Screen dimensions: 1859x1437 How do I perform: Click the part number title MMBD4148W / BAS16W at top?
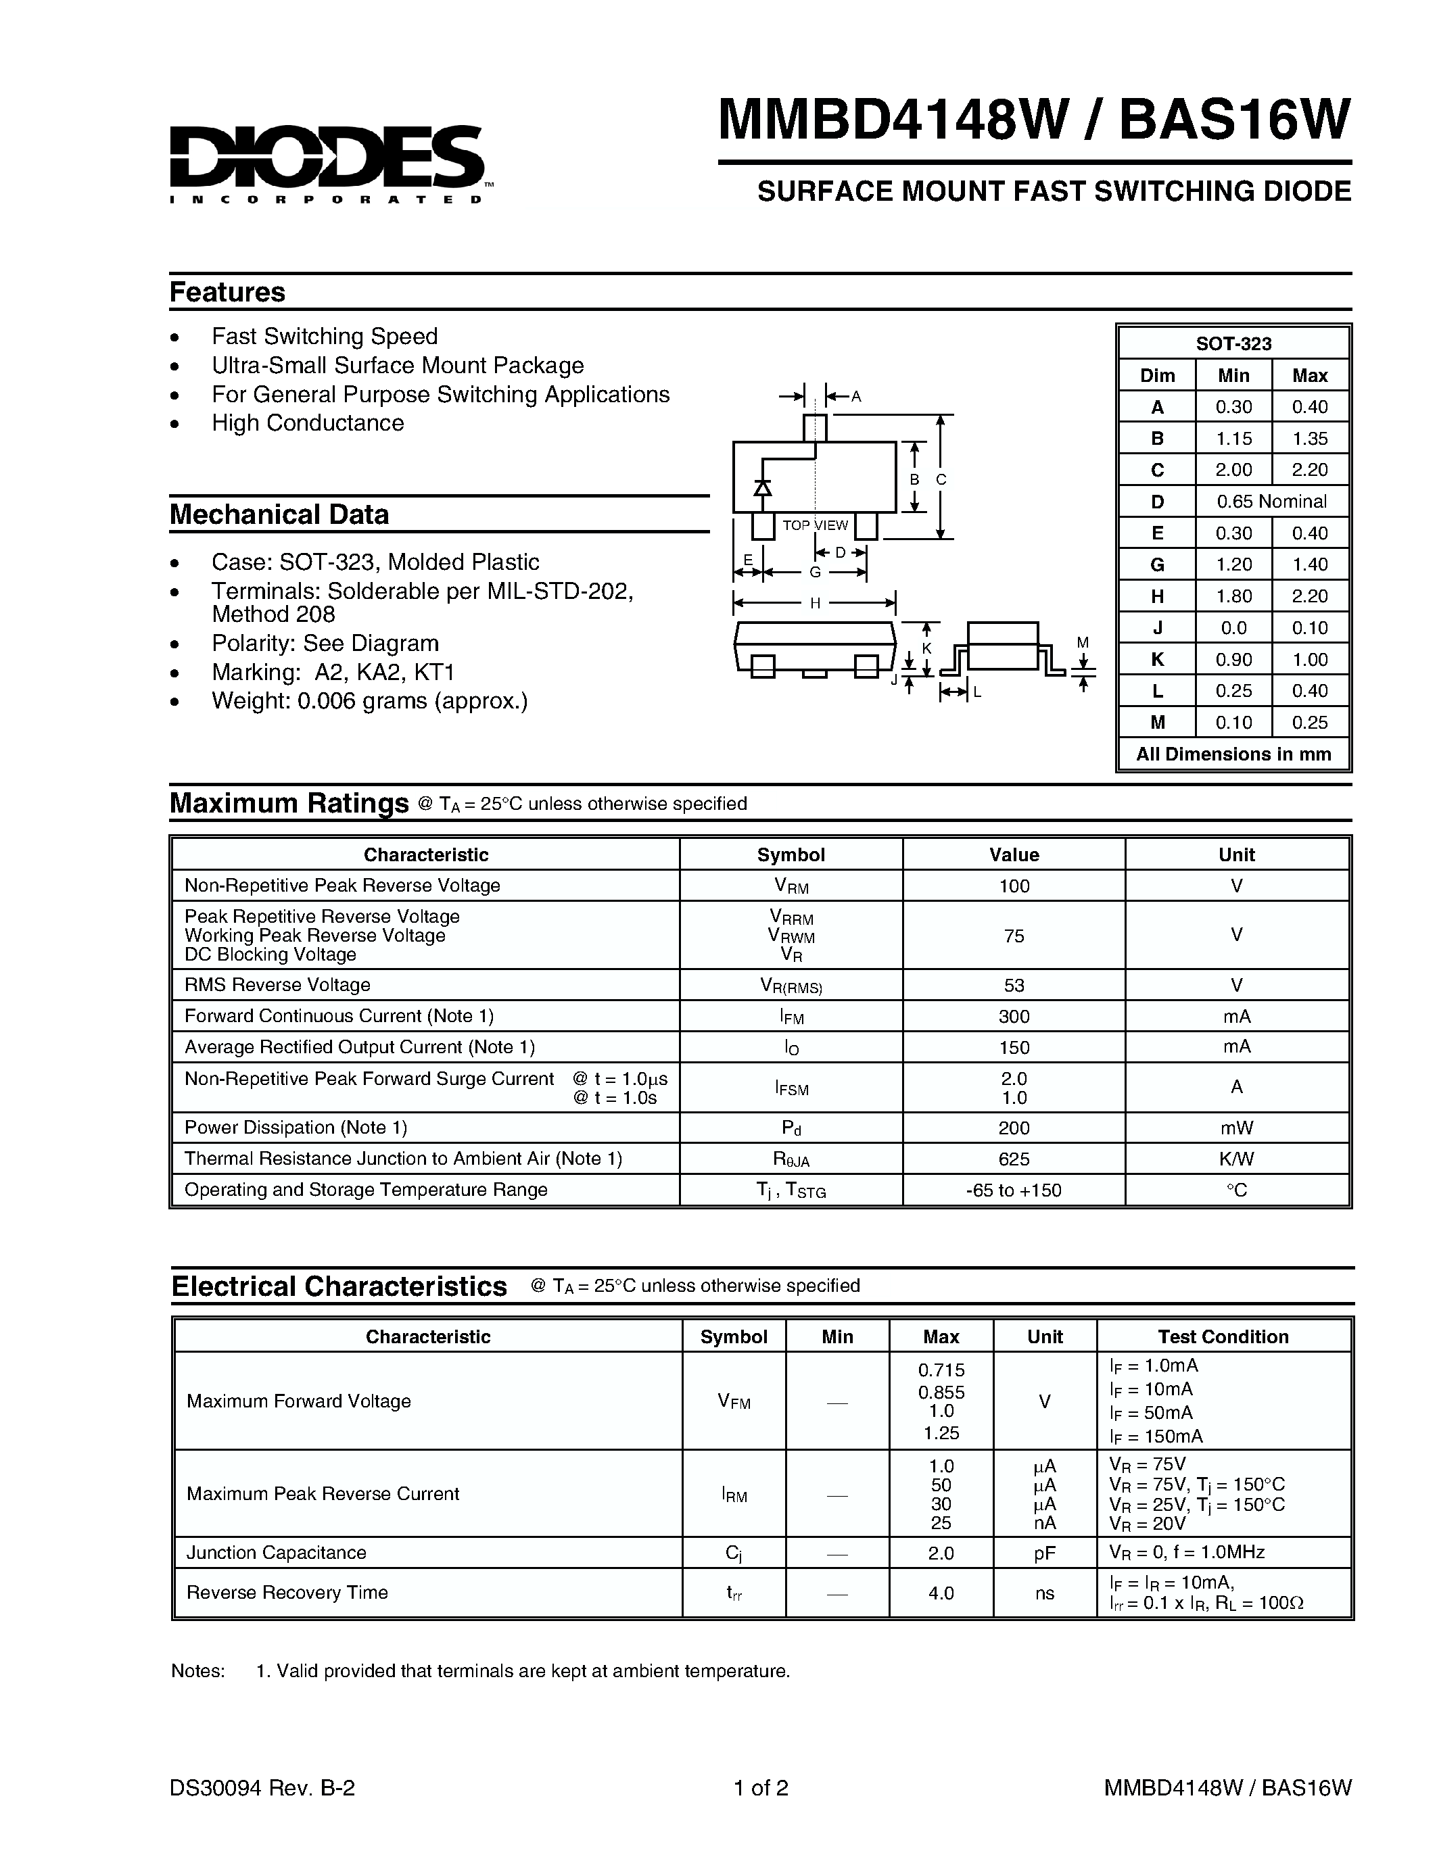coord(1033,119)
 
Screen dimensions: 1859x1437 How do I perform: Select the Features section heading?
coord(227,292)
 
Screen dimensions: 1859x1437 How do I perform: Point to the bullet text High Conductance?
coord(307,423)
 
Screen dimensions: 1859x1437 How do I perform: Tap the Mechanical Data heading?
coord(279,515)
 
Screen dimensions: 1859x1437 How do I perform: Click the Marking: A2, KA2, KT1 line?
coord(333,673)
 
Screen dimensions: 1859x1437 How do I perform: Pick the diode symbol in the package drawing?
coord(763,487)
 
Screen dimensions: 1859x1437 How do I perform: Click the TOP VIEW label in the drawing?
coord(815,525)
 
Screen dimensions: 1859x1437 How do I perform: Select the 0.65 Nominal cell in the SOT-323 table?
coord(1271,502)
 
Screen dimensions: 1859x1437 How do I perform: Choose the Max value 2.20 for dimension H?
coord(1309,596)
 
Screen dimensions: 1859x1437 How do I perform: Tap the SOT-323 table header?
coord(1233,344)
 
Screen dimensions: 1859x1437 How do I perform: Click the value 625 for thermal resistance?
coord(1014,1159)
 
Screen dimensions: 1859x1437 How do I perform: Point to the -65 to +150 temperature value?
coord(1014,1190)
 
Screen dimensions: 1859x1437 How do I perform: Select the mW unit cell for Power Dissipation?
coord(1236,1128)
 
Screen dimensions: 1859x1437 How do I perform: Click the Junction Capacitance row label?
coord(276,1553)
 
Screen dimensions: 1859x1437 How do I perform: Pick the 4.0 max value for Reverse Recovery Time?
coord(941,1593)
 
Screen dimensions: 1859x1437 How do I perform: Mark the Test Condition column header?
coord(1223,1336)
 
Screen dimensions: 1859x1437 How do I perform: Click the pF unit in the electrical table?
coord(1045,1553)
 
